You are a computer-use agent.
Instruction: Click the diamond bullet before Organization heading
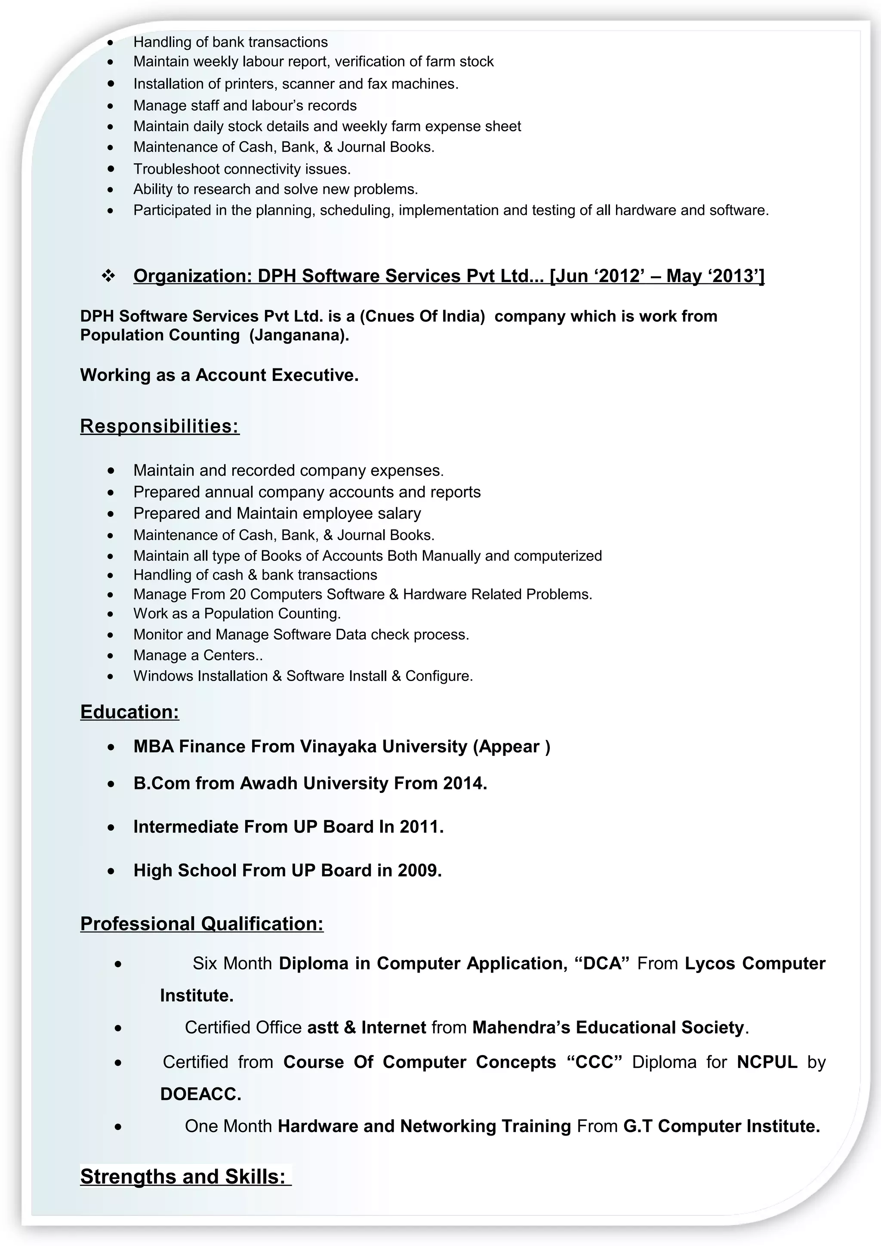(108, 276)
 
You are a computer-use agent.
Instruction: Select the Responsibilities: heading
(160, 426)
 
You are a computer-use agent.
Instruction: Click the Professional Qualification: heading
(201, 923)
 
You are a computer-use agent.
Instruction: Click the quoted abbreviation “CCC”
(595, 1062)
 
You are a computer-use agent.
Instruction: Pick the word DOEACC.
(200, 1093)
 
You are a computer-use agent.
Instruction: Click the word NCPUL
(767, 1062)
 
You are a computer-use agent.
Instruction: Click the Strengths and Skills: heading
(183, 1176)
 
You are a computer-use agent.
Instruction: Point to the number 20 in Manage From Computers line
(237, 594)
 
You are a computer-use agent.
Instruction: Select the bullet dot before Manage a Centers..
(111, 656)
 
